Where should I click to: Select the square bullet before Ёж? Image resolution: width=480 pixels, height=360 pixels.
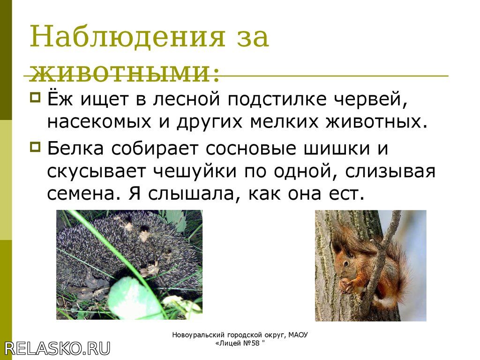pyautogui.click(x=35, y=97)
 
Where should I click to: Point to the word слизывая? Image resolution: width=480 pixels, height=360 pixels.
pyautogui.click(x=390, y=172)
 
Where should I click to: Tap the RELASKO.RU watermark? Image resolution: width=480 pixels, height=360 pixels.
pyautogui.click(x=57, y=348)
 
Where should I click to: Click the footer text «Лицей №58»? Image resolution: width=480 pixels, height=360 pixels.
pyautogui.click(x=240, y=343)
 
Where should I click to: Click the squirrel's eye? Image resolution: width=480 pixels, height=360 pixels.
pyautogui.click(x=345, y=263)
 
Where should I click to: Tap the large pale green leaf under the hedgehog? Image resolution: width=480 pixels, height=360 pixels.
pyautogui.click(x=133, y=297)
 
